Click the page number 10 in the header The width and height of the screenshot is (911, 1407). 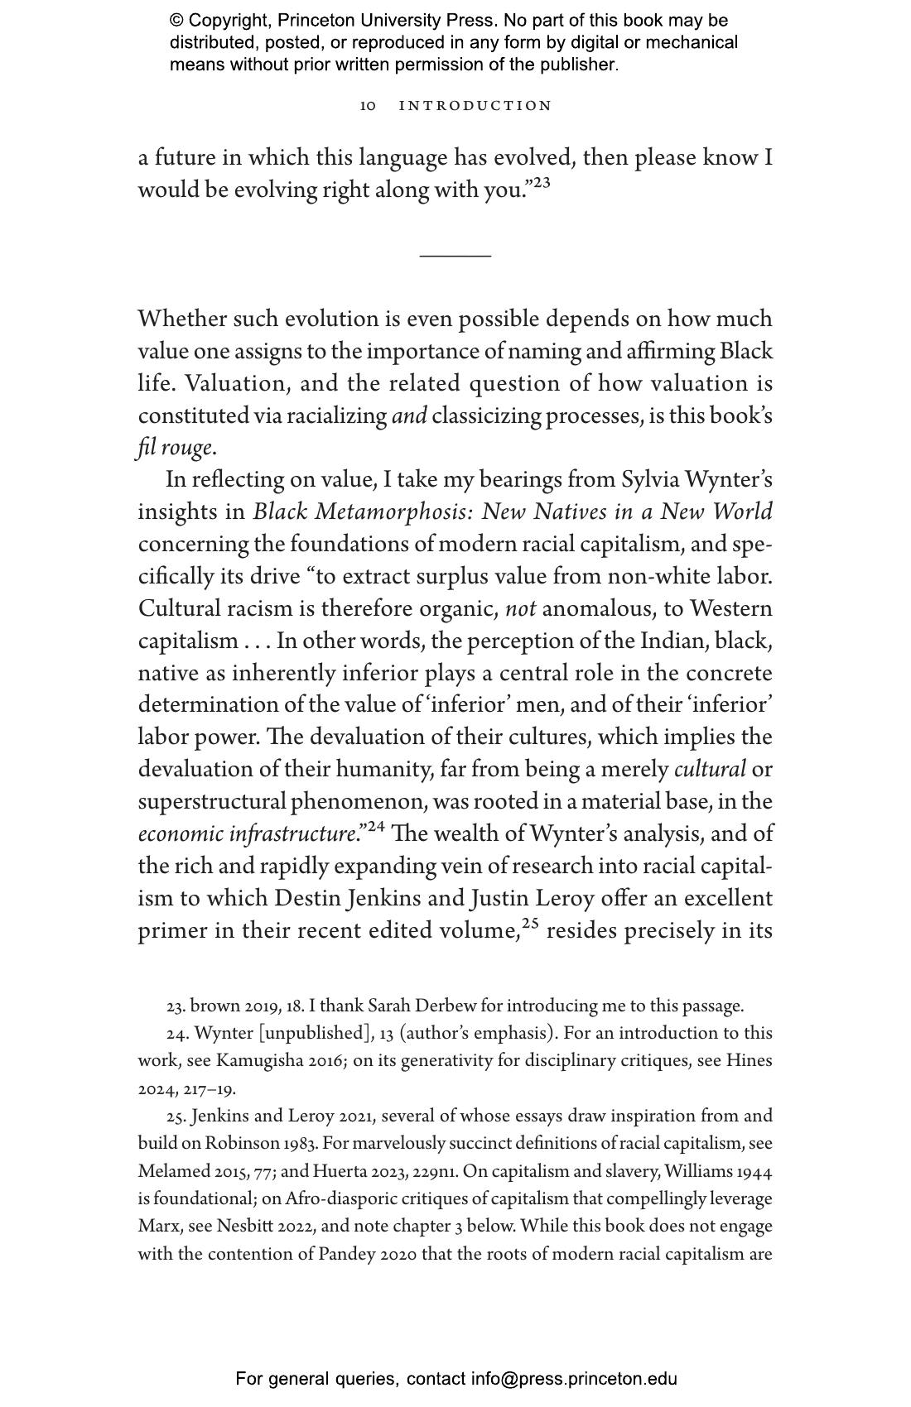pos(368,106)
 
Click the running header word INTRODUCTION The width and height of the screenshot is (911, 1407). pos(475,106)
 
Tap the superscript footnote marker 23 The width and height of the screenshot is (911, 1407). pos(541,183)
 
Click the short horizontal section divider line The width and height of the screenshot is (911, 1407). pos(455,257)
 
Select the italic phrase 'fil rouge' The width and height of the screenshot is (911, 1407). pos(176,448)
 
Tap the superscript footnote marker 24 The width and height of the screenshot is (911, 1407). pos(376,826)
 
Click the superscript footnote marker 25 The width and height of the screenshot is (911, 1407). pos(531,923)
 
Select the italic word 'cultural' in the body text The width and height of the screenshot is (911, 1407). pos(710,770)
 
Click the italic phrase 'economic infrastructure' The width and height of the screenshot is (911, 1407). pos(247,834)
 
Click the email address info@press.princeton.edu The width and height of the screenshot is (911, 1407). pos(574,1379)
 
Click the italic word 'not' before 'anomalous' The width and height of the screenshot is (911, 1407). pos(520,609)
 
